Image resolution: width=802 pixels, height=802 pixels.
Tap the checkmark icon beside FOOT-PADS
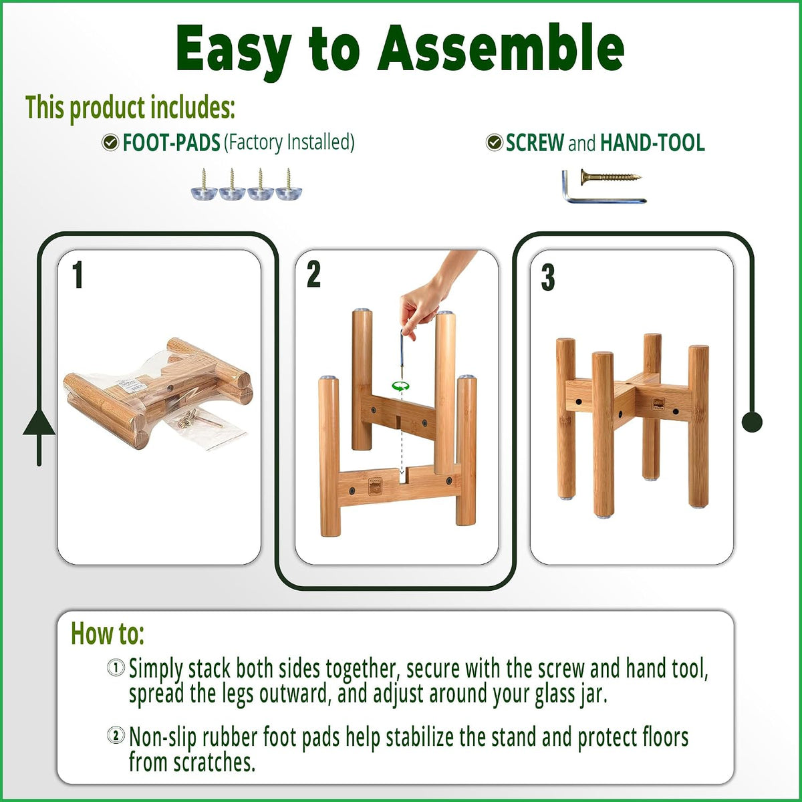110,143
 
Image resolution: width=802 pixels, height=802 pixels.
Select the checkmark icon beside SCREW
494,142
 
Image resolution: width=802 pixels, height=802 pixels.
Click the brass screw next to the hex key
611,177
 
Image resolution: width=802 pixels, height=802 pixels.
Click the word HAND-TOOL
652,143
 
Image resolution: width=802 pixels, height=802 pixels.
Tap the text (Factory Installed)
289,143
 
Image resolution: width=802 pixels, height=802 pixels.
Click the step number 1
78,275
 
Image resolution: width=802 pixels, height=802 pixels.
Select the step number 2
313,275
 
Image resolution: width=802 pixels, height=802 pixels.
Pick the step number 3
548,277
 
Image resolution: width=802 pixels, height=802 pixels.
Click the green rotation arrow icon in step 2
400,386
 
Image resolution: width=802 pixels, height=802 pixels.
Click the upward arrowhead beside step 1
39,422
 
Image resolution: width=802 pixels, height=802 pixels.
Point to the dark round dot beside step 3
752,422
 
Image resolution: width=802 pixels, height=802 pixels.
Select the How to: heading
108,634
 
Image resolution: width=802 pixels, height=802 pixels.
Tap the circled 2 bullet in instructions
116,736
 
